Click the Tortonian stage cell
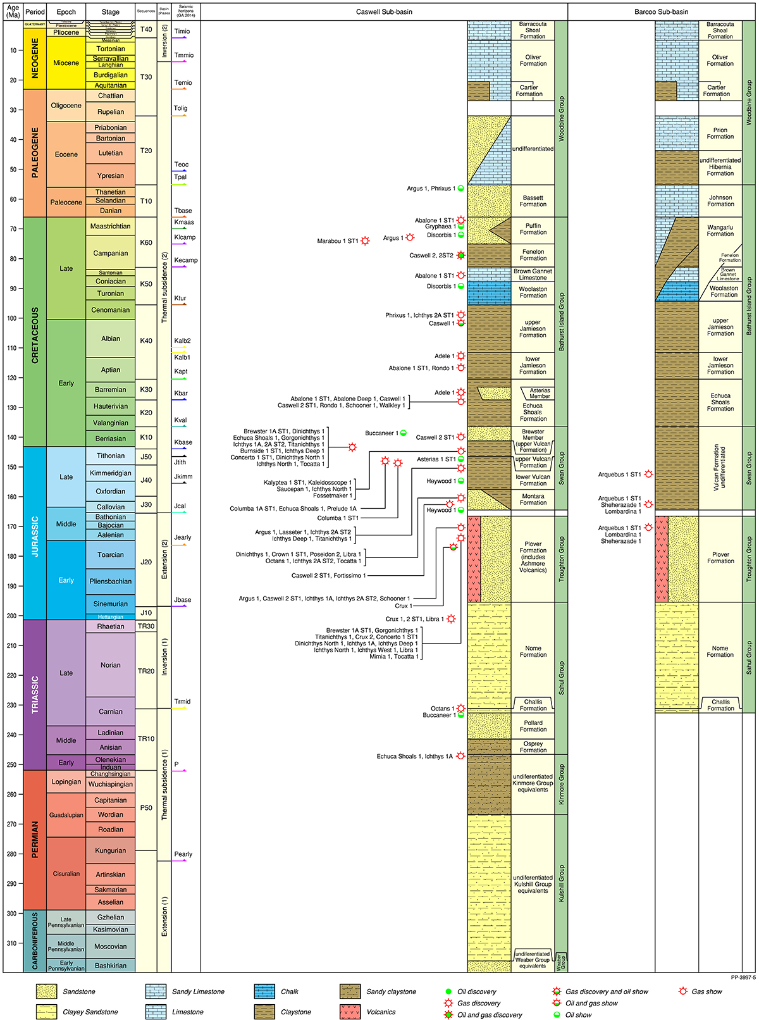point(111,49)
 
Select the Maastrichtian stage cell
point(111,227)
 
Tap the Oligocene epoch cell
point(66,106)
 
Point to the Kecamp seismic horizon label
point(186,260)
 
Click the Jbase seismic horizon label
point(183,600)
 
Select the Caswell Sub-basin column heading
point(384,11)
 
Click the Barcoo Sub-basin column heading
point(662,11)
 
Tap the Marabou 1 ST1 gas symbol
point(365,241)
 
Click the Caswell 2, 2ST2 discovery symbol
point(461,256)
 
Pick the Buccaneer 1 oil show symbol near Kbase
point(403,433)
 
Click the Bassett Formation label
point(533,201)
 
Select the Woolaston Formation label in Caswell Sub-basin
point(533,292)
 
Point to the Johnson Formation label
point(720,201)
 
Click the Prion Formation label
point(720,134)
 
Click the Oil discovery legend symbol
point(448,992)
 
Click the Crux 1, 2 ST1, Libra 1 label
point(414,619)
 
